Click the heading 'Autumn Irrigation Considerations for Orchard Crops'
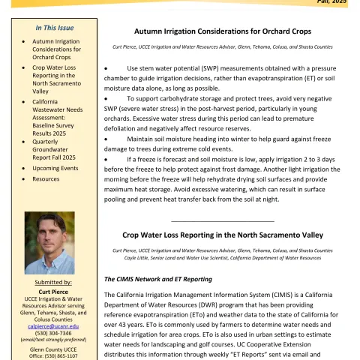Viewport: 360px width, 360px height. point(222,31)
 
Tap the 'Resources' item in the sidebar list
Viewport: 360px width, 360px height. point(46,180)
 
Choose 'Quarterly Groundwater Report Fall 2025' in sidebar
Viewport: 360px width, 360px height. point(55,148)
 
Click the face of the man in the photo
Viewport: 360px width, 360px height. point(49,235)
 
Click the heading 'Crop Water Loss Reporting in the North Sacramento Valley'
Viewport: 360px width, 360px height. point(223,235)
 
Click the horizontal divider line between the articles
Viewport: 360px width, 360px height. point(222,220)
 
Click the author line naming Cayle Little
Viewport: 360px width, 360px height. point(222,257)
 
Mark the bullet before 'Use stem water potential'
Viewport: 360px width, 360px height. point(106,69)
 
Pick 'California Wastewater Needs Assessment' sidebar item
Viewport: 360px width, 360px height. point(56,112)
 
